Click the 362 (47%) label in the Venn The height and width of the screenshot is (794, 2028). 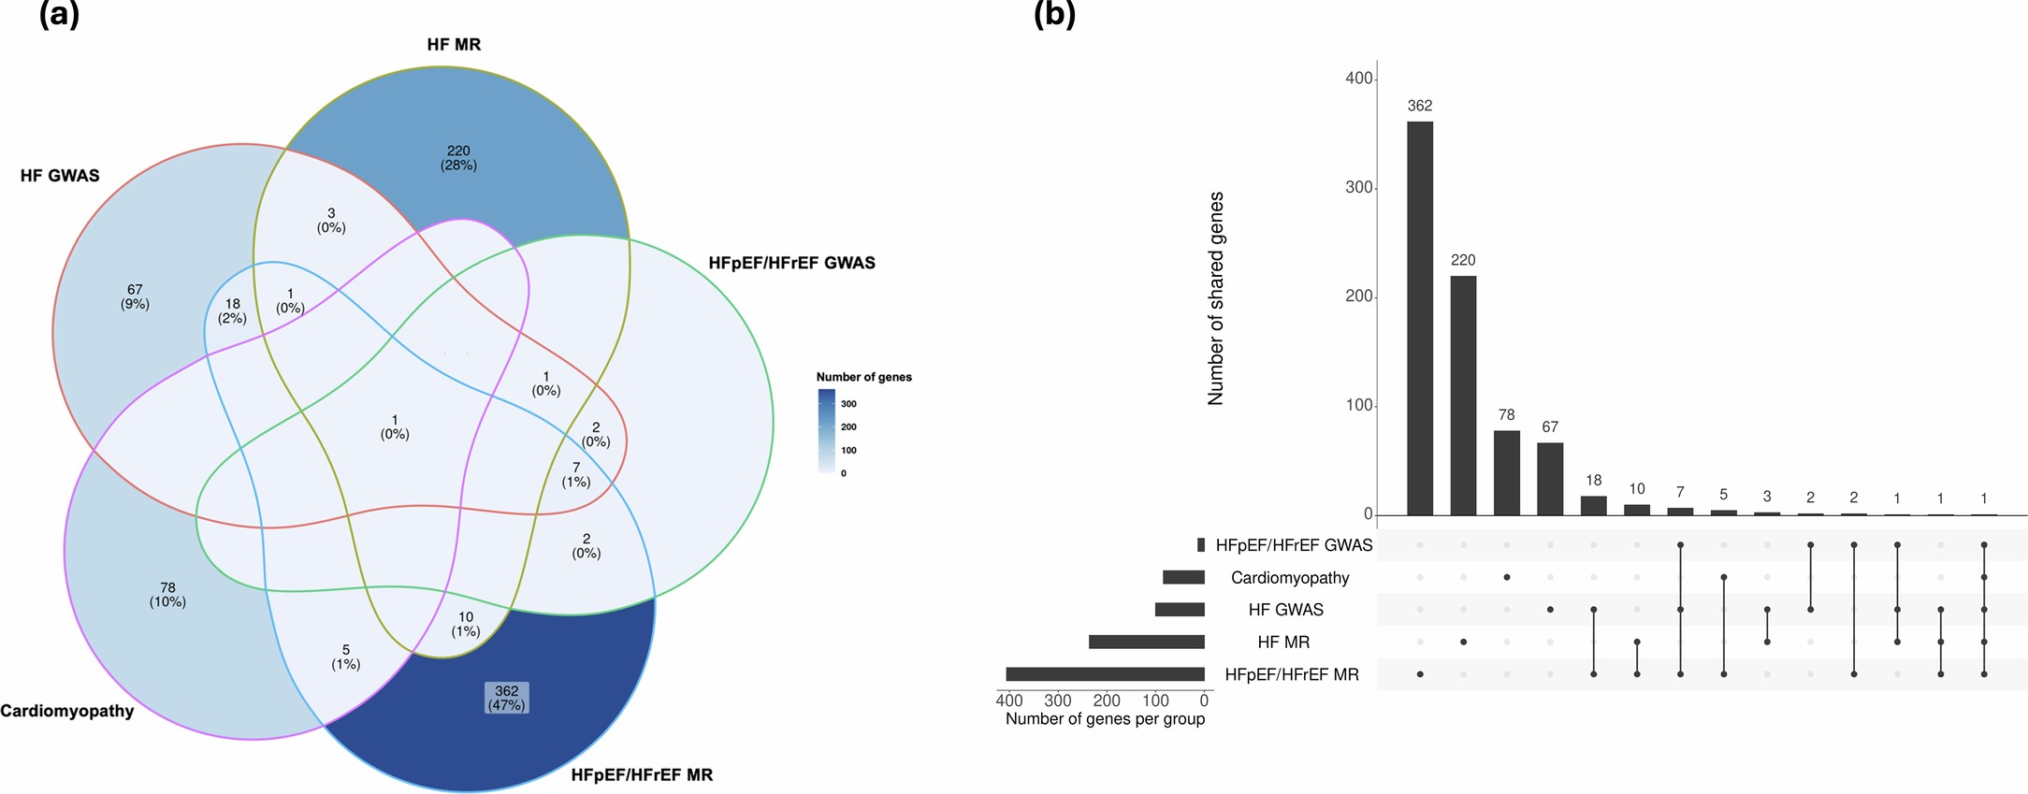click(x=506, y=698)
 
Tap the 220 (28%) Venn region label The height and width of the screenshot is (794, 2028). click(x=458, y=158)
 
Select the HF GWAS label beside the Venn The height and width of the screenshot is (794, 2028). click(x=60, y=176)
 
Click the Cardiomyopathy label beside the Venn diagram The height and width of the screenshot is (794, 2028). click(x=67, y=711)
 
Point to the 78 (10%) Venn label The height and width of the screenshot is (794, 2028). click(x=167, y=595)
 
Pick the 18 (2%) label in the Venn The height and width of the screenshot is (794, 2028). click(x=232, y=310)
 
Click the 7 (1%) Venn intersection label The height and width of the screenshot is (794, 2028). click(x=576, y=474)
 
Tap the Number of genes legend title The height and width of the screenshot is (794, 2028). click(x=863, y=377)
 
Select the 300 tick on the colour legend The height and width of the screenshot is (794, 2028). click(x=848, y=404)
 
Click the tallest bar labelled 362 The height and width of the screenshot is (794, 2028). click(x=1419, y=318)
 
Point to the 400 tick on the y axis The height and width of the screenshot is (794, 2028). click(x=1358, y=79)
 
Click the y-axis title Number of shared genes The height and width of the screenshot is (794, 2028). click(x=1215, y=298)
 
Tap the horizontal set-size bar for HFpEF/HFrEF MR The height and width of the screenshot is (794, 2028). click(x=1105, y=674)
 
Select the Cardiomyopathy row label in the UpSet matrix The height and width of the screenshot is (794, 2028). click(x=1289, y=578)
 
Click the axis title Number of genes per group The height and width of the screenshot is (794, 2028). click(x=1105, y=719)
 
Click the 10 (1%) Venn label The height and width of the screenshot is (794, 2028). click(x=466, y=624)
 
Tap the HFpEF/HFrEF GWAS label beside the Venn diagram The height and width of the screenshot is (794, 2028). click(x=791, y=264)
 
